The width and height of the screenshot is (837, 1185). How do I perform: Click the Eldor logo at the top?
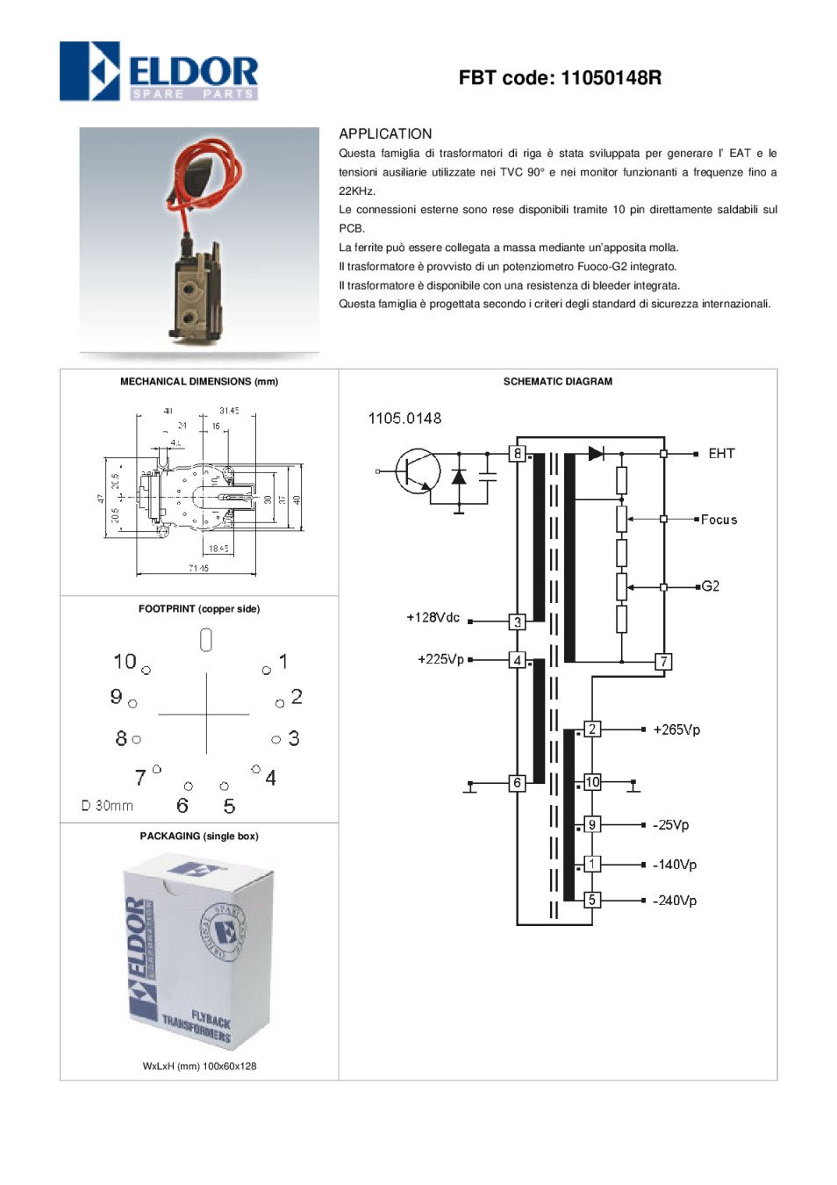pos(159,71)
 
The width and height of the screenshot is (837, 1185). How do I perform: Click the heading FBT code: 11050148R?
pos(560,78)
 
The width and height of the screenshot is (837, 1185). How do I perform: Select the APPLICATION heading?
pos(385,133)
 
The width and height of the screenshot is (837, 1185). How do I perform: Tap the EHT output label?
pos(721,453)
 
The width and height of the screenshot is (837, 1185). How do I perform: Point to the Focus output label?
pos(719,520)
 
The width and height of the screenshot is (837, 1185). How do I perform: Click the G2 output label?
pos(711,586)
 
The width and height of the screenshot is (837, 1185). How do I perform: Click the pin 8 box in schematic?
pos(518,454)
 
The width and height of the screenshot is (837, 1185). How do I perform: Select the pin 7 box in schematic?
pos(664,662)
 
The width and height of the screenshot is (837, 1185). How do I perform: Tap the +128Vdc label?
pos(433,618)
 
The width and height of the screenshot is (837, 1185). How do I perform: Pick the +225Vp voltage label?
pos(440,659)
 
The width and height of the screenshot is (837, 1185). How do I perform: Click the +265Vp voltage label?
pos(676,729)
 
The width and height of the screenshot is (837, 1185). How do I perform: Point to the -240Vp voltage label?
pos(675,901)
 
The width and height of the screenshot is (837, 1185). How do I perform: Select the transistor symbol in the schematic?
pos(418,471)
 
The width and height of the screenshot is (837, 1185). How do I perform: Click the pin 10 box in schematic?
pos(592,782)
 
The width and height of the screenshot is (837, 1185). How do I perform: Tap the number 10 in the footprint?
pos(125,661)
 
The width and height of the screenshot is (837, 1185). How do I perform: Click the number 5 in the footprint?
pos(229,806)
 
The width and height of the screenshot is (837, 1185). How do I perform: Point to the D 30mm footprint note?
pos(107,806)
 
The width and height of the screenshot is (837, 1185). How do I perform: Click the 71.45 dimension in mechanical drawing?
pos(198,568)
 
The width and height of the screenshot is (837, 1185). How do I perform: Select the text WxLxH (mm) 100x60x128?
pos(199,1066)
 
